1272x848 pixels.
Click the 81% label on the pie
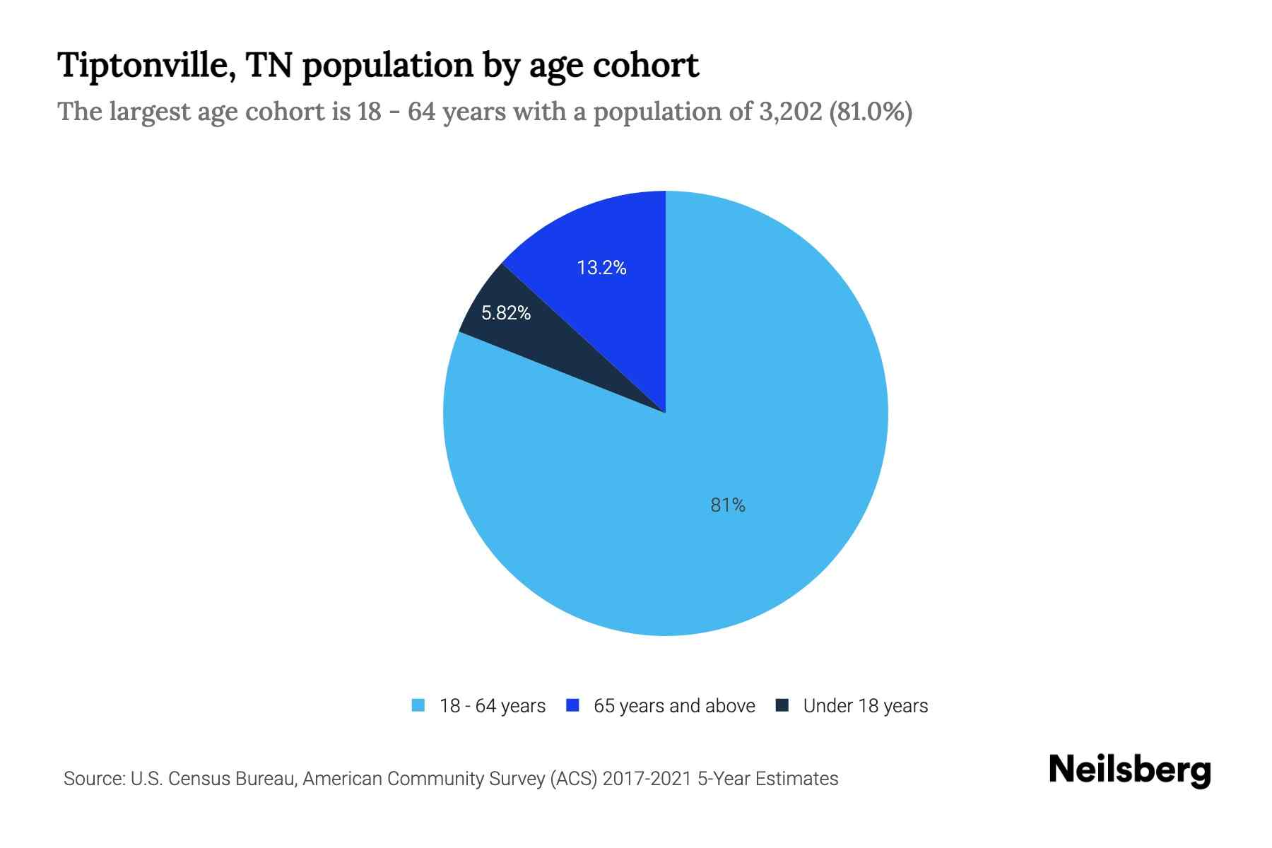pos(728,505)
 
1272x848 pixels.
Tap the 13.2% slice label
pos(601,268)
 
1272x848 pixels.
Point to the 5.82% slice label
pos(506,313)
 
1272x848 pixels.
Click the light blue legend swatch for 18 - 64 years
pos(418,705)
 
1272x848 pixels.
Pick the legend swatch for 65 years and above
pos(573,705)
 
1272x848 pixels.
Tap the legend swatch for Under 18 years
pos(782,705)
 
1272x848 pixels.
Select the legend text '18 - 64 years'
pos(493,706)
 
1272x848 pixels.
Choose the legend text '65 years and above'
pos(674,706)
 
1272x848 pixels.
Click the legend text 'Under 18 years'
pos(866,706)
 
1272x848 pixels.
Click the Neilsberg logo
pos(1130,770)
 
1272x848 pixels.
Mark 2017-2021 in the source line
pos(647,779)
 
